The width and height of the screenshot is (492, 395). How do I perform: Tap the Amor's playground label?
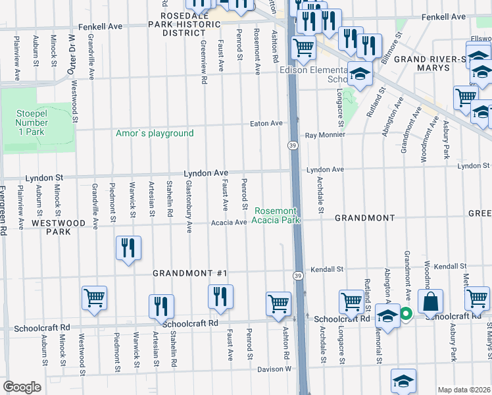click(155, 134)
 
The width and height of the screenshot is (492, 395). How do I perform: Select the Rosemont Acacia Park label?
click(278, 215)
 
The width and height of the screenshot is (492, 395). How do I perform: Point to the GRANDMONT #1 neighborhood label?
click(189, 273)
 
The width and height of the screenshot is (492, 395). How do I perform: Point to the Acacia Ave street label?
click(228, 223)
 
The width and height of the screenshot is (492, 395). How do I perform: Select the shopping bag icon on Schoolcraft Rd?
click(430, 303)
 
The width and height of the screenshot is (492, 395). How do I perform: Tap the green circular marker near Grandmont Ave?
click(406, 315)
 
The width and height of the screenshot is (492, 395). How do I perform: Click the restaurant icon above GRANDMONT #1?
click(128, 249)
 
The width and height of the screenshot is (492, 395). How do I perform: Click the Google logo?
click(22, 387)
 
